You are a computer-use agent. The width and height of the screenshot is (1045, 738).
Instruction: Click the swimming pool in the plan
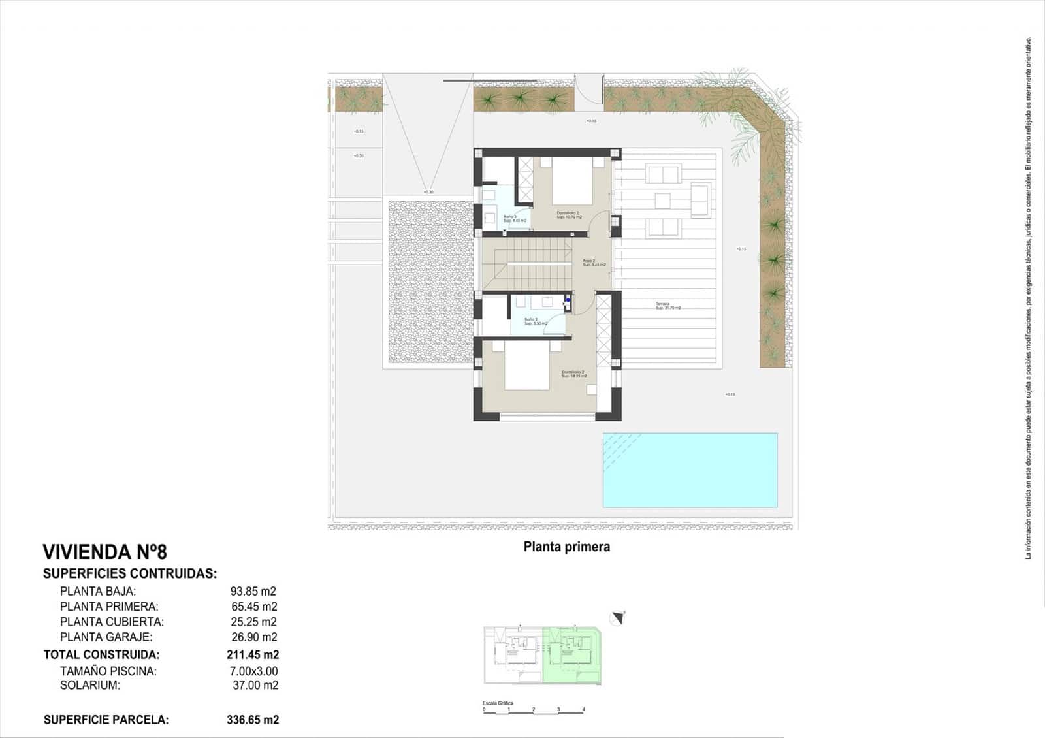pyautogui.click(x=690, y=470)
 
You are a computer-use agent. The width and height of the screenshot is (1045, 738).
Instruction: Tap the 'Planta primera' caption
pyautogui.click(x=566, y=547)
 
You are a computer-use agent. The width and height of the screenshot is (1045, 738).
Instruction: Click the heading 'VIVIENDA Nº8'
pyautogui.click(x=104, y=552)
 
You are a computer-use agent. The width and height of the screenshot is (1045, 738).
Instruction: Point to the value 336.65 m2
pyautogui.click(x=253, y=720)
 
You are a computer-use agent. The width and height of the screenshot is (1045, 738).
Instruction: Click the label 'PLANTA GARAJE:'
pyautogui.click(x=106, y=637)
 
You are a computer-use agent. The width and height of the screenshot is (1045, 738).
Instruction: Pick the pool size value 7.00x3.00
pyautogui.click(x=254, y=671)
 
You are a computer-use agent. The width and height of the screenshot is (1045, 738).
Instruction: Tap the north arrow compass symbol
pyautogui.click(x=618, y=617)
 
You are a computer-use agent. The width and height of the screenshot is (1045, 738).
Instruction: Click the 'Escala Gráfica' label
pyautogui.click(x=498, y=703)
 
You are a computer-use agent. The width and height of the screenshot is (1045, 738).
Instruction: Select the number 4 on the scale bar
pyautogui.click(x=583, y=709)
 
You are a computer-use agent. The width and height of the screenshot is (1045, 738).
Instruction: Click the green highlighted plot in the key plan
pyautogui.click(x=572, y=655)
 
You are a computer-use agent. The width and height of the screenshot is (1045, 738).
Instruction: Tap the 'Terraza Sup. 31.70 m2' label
pyautogui.click(x=668, y=306)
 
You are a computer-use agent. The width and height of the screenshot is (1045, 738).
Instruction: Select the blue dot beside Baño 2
pyautogui.click(x=568, y=300)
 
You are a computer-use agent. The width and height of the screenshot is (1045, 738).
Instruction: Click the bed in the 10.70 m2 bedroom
pyautogui.click(x=572, y=184)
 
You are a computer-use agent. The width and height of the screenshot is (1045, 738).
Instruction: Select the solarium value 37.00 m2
pyautogui.click(x=255, y=685)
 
